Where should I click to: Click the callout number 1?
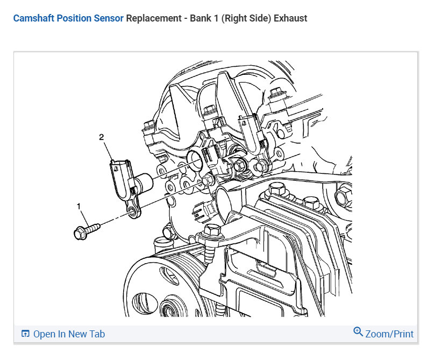(79, 206)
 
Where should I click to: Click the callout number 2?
(101, 137)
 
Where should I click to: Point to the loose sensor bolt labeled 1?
(86, 230)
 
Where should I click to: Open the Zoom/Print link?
(389, 334)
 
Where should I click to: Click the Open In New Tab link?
(69, 334)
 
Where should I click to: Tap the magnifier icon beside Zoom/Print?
(358, 332)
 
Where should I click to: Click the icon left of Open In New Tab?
(25, 334)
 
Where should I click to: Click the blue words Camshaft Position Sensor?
(68, 18)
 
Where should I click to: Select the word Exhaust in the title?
(290, 18)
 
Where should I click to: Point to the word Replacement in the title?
(152, 18)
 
